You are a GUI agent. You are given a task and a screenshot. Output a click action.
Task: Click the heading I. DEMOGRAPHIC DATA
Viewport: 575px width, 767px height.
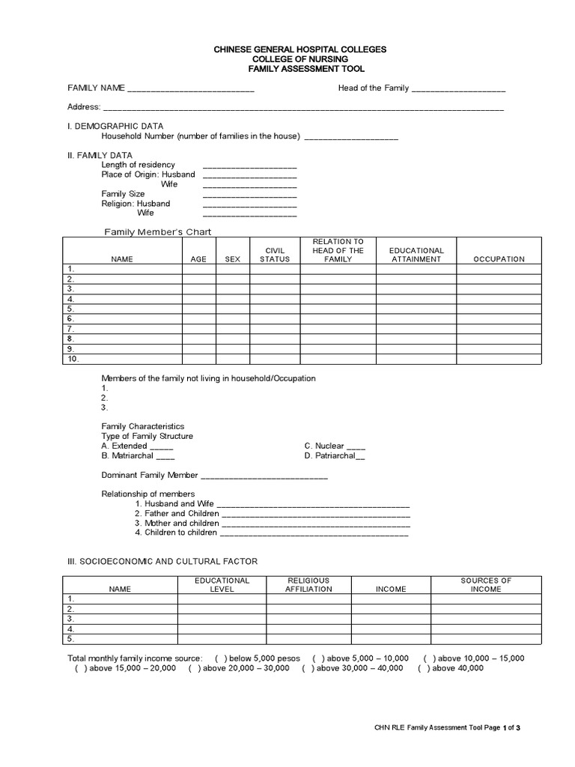pyautogui.click(x=115, y=126)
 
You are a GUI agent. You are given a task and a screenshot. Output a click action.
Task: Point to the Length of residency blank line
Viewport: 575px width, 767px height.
pyautogui.click(x=249, y=166)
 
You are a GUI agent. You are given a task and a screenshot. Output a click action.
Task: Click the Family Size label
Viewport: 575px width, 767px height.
pyautogui.click(x=123, y=193)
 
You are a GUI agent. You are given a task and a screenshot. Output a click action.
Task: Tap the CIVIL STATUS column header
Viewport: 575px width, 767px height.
pyautogui.click(x=274, y=255)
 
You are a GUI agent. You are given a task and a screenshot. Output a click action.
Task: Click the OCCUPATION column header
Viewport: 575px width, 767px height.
pyautogui.click(x=499, y=259)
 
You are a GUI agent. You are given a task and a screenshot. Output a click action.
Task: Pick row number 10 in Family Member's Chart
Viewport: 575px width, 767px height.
pyautogui.click(x=73, y=359)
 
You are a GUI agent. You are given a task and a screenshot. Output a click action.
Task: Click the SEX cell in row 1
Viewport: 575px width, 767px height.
pyautogui.click(x=232, y=269)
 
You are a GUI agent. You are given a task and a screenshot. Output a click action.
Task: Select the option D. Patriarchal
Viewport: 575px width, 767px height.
pyautogui.click(x=334, y=455)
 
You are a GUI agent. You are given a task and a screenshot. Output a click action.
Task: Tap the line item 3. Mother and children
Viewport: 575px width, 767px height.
pyautogui.click(x=177, y=523)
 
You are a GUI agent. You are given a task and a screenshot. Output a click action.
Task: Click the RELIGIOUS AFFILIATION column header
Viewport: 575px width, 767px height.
pyautogui.click(x=308, y=585)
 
